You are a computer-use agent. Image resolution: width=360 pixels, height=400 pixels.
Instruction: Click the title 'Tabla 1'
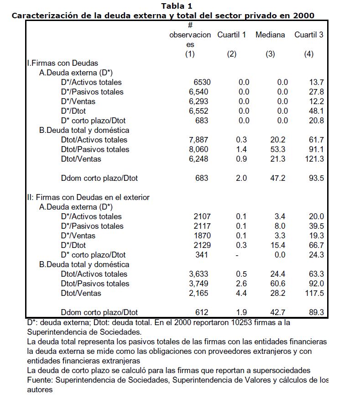(177, 6)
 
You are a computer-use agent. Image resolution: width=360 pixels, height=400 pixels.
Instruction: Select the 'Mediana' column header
(270, 35)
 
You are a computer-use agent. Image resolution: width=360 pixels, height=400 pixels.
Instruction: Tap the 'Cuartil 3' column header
(309, 35)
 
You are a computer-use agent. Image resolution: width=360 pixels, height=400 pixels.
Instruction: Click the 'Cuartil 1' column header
(231, 35)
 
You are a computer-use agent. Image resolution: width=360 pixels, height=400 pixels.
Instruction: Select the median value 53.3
(277, 149)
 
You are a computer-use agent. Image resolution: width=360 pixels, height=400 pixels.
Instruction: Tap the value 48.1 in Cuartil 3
(316, 111)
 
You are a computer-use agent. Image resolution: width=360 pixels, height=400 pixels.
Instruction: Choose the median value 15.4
(277, 245)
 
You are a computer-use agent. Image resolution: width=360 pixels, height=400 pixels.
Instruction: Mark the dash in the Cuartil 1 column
(236, 255)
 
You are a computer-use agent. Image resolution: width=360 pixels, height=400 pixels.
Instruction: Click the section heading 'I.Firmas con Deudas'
(62, 63)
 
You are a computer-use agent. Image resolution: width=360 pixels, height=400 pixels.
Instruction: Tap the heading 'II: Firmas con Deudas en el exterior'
(88, 197)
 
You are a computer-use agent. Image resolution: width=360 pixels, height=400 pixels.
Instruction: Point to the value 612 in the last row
(202, 312)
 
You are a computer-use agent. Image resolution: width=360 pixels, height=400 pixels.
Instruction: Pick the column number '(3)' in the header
(270, 54)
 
